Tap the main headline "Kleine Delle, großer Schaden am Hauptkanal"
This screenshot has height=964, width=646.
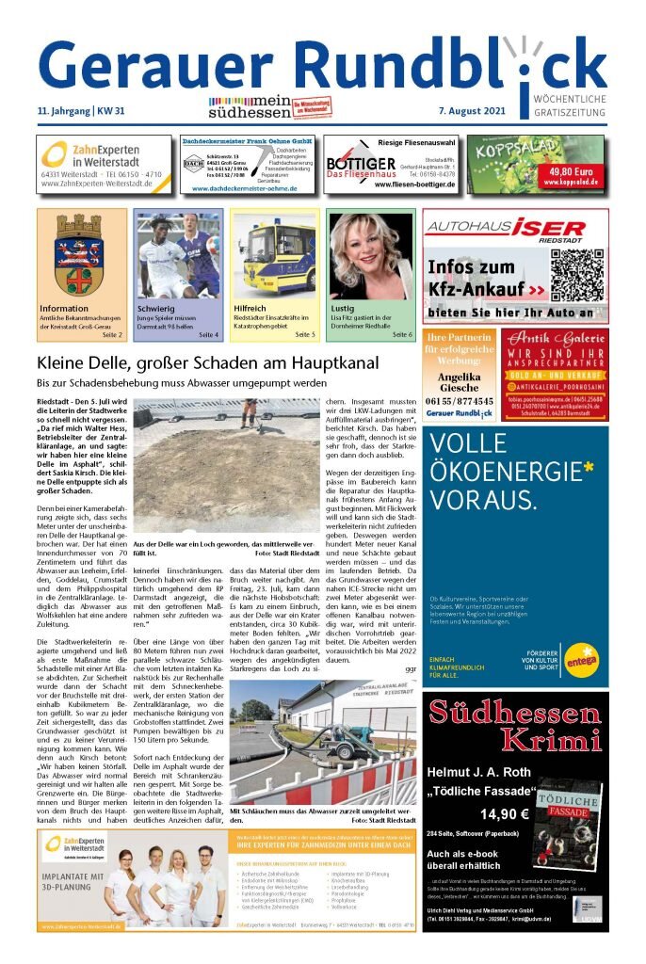click(x=207, y=362)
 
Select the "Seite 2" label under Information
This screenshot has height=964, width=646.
click(x=113, y=334)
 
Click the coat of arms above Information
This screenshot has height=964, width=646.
click(x=81, y=252)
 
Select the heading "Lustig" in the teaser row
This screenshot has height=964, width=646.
click(x=343, y=308)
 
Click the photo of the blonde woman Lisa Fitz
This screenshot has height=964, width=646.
click(x=370, y=255)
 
